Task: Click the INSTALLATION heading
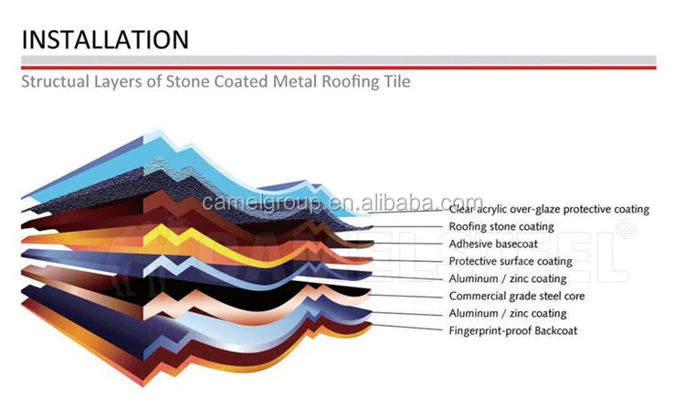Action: (105, 39)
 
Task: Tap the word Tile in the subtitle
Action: (395, 82)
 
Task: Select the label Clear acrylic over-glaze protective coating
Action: (549, 210)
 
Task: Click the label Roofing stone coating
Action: (501, 227)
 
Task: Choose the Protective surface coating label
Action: (511, 262)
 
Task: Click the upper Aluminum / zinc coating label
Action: (507, 279)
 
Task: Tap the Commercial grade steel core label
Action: (517, 297)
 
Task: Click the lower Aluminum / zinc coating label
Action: (507, 314)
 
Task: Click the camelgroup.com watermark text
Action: (342, 202)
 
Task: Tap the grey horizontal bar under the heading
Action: (338, 61)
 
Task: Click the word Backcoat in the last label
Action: (553, 331)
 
